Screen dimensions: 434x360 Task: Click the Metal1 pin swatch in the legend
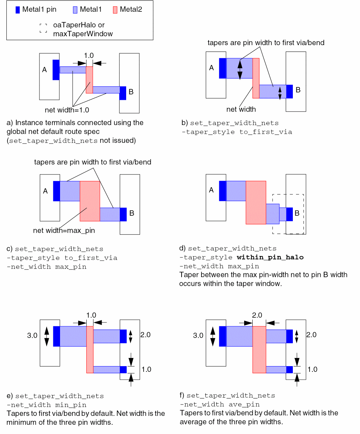[x=17, y=10]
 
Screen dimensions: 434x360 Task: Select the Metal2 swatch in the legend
[x=115, y=10]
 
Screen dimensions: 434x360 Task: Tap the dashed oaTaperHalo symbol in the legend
[x=43, y=28]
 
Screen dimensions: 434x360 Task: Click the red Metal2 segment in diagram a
[x=89, y=80]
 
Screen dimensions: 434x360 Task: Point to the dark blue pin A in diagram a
[x=56, y=70]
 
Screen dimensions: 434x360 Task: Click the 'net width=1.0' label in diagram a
[x=67, y=110]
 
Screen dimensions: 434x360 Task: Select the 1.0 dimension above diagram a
[x=88, y=55]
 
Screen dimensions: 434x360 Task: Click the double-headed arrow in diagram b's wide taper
[x=240, y=69]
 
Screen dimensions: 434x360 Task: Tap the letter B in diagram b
[x=298, y=90]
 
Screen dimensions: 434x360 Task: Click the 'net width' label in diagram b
[x=241, y=109]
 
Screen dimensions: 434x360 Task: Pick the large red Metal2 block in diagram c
[x=90, y=201]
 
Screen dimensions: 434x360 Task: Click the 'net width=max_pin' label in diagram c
[x=64, y=230]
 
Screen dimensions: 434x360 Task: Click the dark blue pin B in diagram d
[x=289, y=214]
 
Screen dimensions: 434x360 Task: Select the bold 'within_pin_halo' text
[x=270, y=257]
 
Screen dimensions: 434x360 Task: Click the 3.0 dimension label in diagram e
[x=32, y=336]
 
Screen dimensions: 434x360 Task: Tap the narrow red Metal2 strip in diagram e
[x=90, y=349]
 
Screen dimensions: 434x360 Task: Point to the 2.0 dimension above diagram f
[x=257, y=315]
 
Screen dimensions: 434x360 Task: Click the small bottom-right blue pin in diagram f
[x=289, y=369]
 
